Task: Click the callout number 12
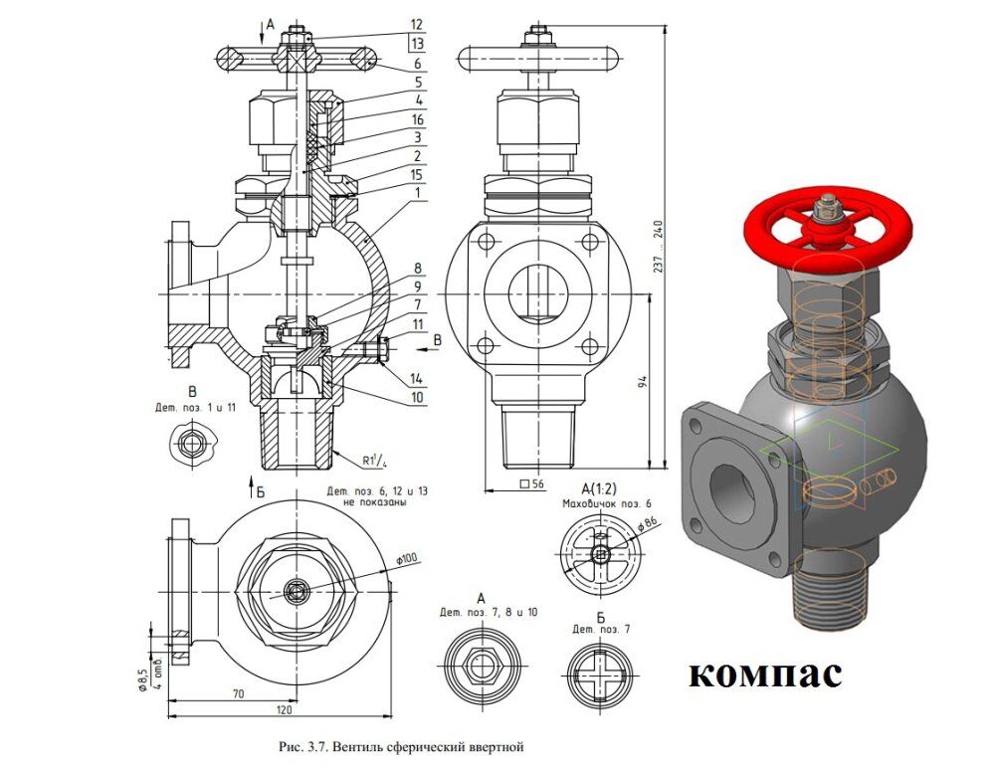[416, 25]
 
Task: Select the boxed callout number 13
[416, 44]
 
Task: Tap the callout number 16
[417, 119]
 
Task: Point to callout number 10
[417, 398]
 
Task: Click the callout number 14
[417, 379]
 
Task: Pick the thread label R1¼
[374, 461]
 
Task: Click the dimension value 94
[642, 382]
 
